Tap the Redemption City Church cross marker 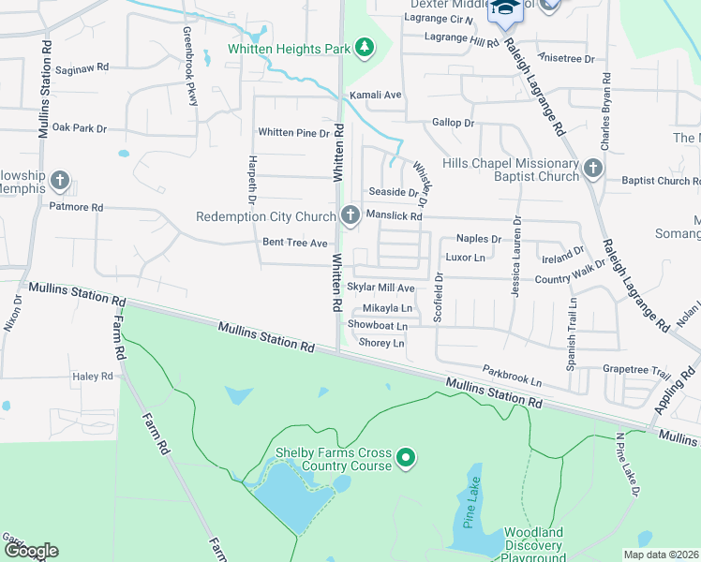(x=350, y=216)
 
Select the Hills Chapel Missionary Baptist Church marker (x=591, y=169)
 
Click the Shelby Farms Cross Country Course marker (x=406, y=458)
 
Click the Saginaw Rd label (x=82, y=68)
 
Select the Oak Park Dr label (x=80, y=127)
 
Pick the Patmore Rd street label (x=76, y=207)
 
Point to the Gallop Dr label (x=454, y=123)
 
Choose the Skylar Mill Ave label (x=380, y=288)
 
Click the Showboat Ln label (x=378, y=325)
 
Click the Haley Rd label (x=92, y=377)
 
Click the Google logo (x=30, y=551)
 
